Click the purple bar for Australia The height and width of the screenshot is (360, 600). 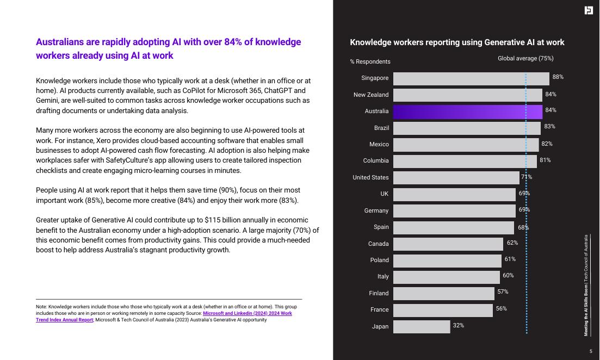(x=467, y=112)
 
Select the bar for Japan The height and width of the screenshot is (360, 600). (x=422, y=326)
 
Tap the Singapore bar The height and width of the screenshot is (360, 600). (x=471, y=79)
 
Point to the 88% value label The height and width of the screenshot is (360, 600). (x=558, y=77)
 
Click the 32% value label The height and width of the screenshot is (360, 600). (x=458, y=325)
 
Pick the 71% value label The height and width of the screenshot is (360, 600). (x=527, y=177)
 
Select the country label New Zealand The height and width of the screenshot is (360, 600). (x=371, y=95)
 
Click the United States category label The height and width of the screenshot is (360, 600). (x=370, y=177)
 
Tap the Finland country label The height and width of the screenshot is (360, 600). (x=379, y=293)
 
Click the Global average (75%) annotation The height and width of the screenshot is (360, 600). (x=525, y=58)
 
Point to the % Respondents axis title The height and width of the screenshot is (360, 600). (x=370, y=61)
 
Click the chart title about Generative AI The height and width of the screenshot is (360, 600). (x=457, y=42)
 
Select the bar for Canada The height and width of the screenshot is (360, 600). (x=448, y=244)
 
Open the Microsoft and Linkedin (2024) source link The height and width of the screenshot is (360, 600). (x=247, y=314)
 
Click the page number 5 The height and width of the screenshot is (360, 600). (x=591, y=351)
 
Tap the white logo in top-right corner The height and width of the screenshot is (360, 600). (x=589, y=10)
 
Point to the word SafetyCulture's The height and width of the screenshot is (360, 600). (x=154, y=160)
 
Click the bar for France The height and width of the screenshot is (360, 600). (x=443, y=310)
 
